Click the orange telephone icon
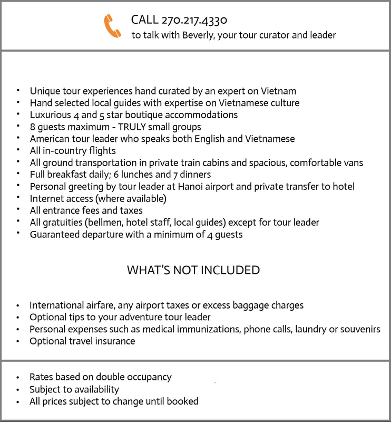[x=112, y=26]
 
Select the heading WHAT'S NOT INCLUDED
[x=193, y=271]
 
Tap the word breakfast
[x=71, y=175]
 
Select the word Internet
[x=48, y=198]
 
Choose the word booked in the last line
[x=182, y=401]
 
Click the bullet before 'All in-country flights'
[x=18, y=151]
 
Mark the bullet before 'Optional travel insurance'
[x=18, y=342]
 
